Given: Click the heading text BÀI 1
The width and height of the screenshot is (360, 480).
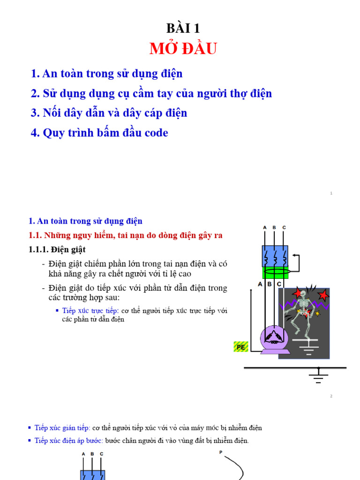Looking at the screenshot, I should point(183,28).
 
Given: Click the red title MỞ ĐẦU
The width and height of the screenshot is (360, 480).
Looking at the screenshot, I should point(183,49).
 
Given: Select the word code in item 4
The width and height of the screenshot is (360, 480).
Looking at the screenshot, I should point(155,133).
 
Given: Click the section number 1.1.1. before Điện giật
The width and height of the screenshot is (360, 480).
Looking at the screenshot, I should point(39,249).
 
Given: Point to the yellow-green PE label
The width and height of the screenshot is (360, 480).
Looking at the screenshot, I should point(240,347).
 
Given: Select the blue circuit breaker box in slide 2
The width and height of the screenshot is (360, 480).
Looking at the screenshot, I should point(275,255).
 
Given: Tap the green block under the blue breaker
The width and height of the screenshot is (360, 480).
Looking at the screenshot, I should point(275,272).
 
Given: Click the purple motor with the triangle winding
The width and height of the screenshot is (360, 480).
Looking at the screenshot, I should point(275,339).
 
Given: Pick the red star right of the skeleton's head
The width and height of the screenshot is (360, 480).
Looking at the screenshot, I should point(322,295).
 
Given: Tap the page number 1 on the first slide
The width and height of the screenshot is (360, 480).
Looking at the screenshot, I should point(331,193).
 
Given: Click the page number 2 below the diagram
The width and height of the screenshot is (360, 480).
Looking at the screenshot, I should point(331,396).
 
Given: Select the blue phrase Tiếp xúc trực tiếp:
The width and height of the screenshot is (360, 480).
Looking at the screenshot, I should point(90,311).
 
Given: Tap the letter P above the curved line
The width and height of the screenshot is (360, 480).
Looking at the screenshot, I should point(220,452).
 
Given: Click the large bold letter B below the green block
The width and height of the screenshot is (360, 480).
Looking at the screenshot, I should point(270,284).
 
